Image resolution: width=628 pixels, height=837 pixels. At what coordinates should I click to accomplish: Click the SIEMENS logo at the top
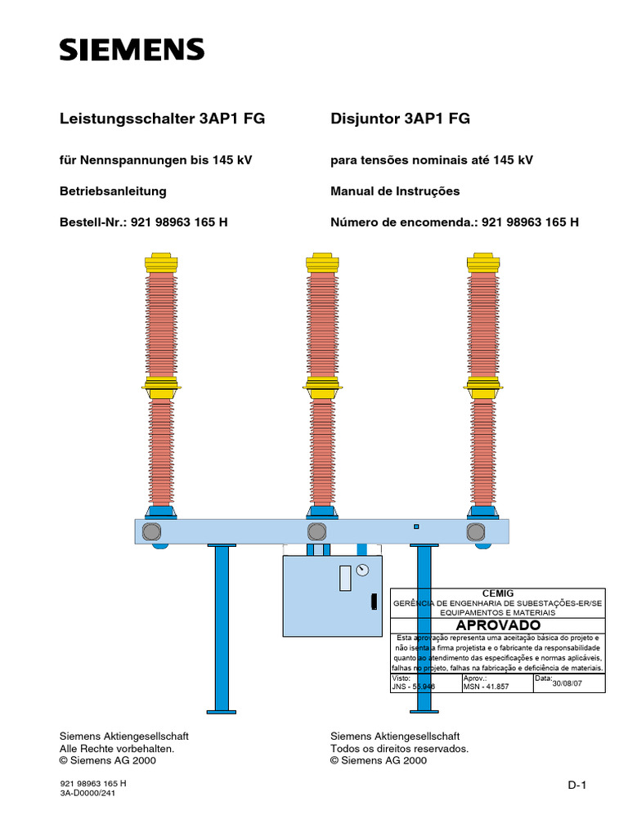132,50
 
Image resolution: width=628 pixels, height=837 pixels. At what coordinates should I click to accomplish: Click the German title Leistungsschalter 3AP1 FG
163,119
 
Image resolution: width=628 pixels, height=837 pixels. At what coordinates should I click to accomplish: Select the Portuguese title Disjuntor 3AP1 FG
400,119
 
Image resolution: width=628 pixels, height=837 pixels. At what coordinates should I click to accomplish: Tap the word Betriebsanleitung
113,191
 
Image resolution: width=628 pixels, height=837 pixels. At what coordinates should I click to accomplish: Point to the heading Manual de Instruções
395,191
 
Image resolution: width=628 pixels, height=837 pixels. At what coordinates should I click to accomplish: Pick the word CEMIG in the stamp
498,593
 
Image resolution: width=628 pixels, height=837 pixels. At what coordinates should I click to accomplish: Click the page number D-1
578,786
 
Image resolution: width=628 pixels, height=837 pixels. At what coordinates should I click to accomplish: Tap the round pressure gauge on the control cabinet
363,569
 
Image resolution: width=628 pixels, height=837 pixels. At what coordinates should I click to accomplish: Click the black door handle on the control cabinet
374,602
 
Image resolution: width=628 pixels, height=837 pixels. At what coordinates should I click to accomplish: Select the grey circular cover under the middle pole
316,532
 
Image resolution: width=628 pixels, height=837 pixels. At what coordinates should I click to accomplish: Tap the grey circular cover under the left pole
152,532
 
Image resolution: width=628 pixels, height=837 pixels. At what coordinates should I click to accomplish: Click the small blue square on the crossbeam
416,526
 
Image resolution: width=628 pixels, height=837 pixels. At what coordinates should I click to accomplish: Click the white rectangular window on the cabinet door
345,577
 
